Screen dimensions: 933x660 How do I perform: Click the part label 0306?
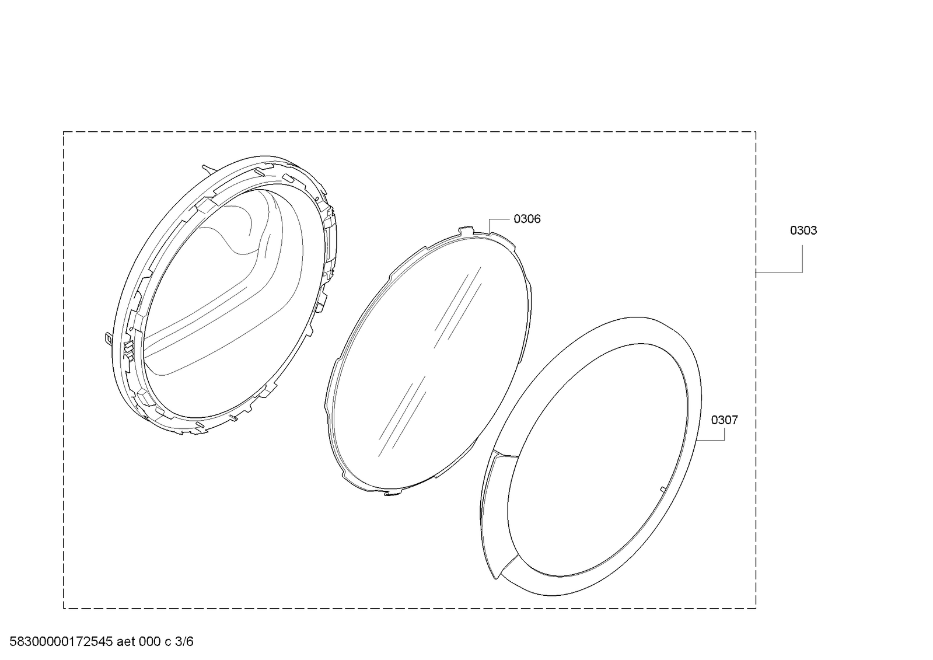527,219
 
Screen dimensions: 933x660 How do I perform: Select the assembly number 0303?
803,231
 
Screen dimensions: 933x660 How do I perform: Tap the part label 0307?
724,420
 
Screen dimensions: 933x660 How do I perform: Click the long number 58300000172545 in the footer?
61,641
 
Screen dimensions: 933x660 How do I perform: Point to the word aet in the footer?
126,642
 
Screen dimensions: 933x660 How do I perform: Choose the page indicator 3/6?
184,642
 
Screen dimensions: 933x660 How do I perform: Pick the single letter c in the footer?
168,642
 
